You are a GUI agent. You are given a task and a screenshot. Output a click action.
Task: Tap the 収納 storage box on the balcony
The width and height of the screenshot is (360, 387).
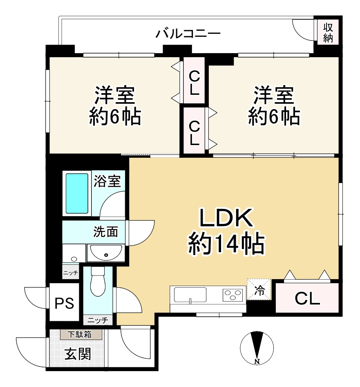coord(328,33)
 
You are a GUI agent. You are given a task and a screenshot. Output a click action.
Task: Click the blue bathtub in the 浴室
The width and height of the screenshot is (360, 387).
coord(77,193)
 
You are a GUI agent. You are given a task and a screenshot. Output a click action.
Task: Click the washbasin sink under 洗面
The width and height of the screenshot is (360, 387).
coord(105,253)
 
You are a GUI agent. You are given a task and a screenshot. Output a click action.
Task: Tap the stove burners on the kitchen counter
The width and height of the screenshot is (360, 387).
coord(233,295)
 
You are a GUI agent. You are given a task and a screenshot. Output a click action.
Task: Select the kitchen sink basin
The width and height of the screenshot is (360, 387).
coord(190,294)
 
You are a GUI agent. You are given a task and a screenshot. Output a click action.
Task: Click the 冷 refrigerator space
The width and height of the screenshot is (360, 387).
coord(259,290)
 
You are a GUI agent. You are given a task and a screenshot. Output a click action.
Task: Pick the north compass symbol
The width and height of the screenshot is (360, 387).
coord(257,348)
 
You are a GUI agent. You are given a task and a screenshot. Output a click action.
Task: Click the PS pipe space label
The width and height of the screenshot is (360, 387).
coord(65,303)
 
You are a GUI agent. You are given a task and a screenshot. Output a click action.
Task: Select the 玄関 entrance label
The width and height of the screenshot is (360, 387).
coord(78,354)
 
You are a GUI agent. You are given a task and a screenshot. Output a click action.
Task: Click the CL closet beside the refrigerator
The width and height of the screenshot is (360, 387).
coord(307,300)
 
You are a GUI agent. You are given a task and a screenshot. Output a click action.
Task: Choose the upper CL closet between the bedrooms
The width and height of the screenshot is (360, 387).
coord(195,82)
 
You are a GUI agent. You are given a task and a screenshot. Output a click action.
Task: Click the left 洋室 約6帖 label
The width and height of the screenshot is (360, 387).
coord(115,105)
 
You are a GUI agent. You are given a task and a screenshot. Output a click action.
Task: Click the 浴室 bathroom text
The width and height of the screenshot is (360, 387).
coord(107,181)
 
